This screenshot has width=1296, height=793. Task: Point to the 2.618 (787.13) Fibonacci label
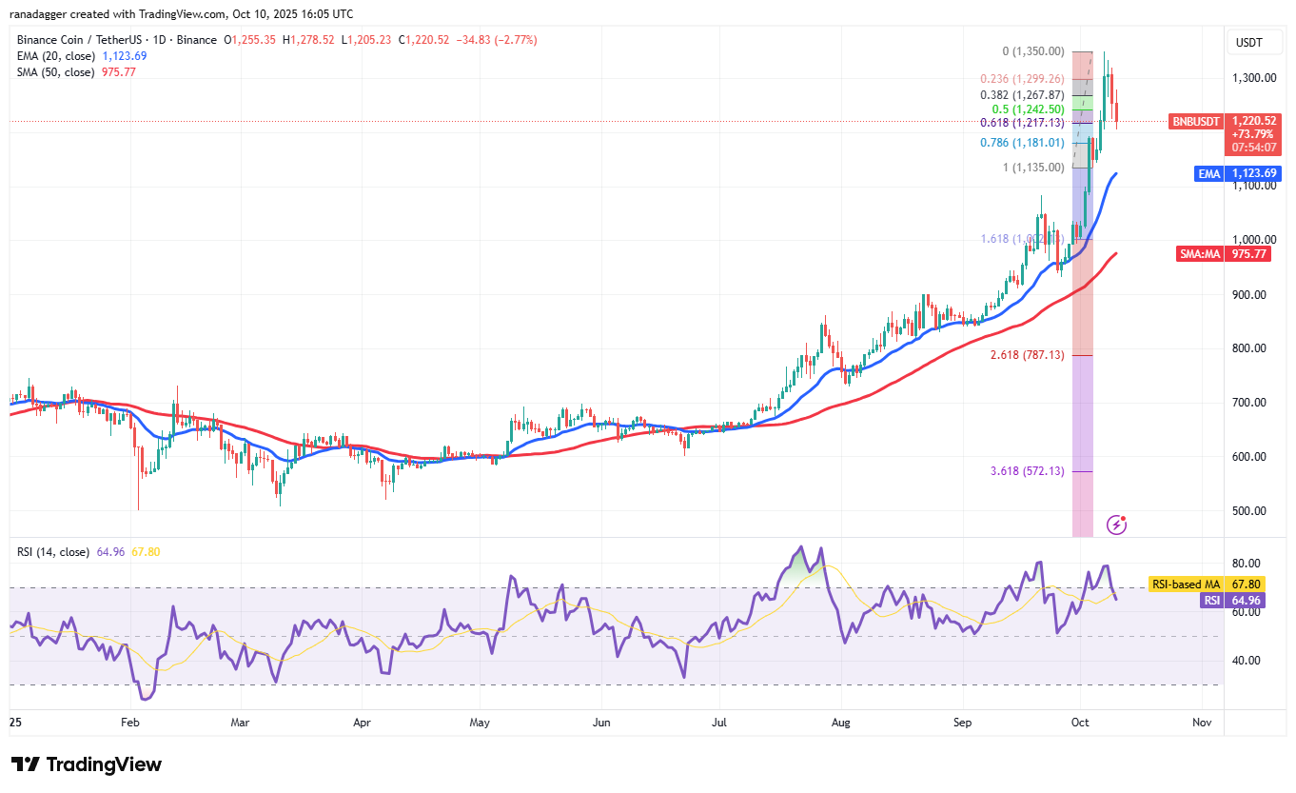(1026, 355)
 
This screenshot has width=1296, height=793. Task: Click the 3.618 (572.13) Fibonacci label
(1026, 471)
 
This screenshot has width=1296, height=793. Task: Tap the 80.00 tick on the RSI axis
(1248, 564)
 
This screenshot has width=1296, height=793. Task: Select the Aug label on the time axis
(840, 723)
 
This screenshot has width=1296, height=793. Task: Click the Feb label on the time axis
(130, 723)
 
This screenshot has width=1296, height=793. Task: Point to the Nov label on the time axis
(1202, 723)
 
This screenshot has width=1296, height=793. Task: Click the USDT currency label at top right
(1248, 42)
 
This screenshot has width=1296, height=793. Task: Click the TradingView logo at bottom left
(87, 764)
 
